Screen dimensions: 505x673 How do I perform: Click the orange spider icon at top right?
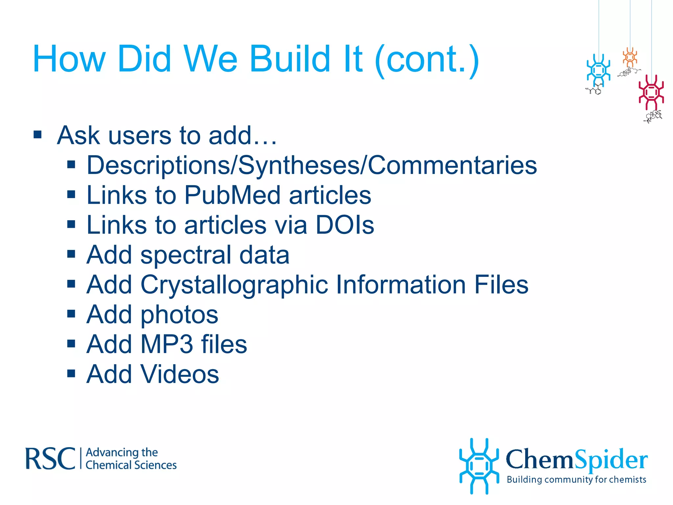pyautogui.click(x=630, y=57)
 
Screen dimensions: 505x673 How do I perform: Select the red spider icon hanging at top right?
pyautogui.click(x=651, y=92)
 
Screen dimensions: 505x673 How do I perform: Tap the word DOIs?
pyautogui.click(x=345, y=225)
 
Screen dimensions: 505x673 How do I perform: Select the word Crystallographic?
pyautogui.click(x=234, y=285)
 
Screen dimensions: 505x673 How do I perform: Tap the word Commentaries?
pyautogui.click(x=452, y=165)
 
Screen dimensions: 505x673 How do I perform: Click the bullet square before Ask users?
pyautogui.click(x=38, y=135)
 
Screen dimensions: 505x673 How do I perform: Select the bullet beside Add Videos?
pyautogui.click(x=71, y=373)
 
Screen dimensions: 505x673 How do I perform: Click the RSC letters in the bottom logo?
pyautogui.click(x=50, y=458)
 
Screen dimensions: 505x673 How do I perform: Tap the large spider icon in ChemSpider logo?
pyautogui.click(x=479, y=466)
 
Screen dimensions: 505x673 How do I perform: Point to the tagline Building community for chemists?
pyautogui.click(x=576, y=480)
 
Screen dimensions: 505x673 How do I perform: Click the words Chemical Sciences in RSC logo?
pyautogui.click(x=131, y=465)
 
